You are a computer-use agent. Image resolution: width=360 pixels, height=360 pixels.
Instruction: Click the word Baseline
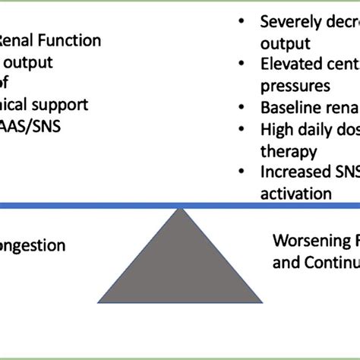(x=290, y=107)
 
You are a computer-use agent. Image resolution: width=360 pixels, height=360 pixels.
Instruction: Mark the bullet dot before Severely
(x=240, y=22)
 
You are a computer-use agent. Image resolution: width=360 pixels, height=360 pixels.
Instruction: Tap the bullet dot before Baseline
(x=240, y=108)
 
